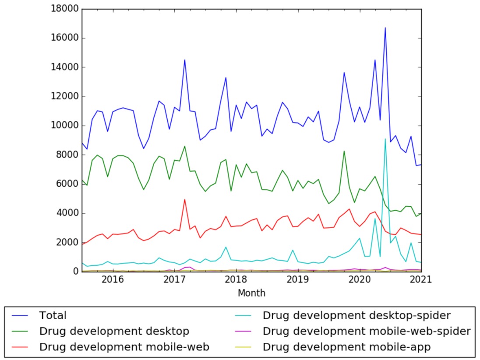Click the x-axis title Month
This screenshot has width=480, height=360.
click(251, 293)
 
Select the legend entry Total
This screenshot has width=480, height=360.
click(53, 315)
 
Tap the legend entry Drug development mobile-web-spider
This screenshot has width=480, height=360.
click(366, 331)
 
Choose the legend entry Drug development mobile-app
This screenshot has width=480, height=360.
click(346, 347)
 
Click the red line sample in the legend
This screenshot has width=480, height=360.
click(21, 347)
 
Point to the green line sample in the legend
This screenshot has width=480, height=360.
click(21, 331)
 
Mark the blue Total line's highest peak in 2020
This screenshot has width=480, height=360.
click(385, 28)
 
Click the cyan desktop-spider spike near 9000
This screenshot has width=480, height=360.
click(385, 139)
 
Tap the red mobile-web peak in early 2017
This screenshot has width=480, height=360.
click(185, 199)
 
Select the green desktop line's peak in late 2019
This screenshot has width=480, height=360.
click(344, 151)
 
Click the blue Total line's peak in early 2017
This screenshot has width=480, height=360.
click(185, 60)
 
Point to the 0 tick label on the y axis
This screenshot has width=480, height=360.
click(75, 272)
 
